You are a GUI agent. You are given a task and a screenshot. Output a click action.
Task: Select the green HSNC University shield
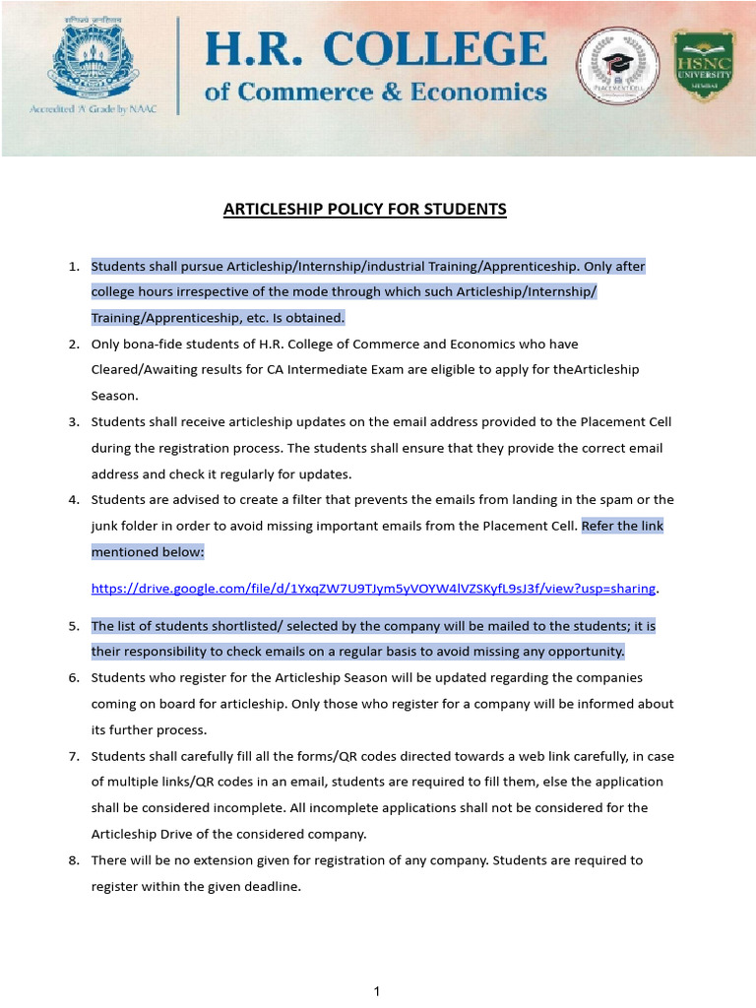coord(702,68)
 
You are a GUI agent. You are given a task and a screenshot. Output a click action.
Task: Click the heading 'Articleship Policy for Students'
coord(365,209)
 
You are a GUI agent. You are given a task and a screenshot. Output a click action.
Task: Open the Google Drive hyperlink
coord(373,589)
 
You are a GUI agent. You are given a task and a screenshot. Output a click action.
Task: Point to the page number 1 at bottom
coord(377,991)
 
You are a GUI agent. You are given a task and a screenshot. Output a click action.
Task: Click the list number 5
coord(73,626)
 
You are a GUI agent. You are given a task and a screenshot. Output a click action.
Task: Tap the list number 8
coord(73,860)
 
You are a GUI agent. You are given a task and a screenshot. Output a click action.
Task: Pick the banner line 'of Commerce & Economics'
coord(375,93)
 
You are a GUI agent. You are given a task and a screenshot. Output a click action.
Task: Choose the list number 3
coord(73,422)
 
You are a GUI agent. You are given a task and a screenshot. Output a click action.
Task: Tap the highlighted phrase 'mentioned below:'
coord(148,552)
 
